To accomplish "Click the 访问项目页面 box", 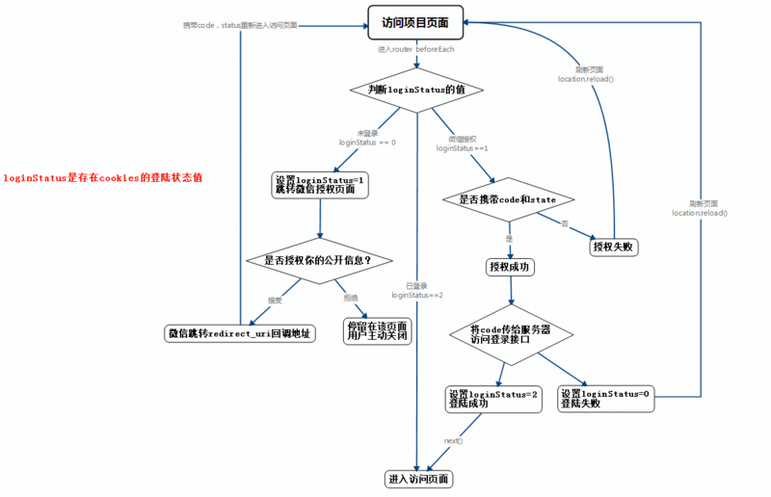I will (415, 20).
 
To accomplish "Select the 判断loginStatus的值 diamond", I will (416, 90).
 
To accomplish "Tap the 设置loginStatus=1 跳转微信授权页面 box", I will (320, 183).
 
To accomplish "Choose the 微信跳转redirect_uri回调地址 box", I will (240, 333).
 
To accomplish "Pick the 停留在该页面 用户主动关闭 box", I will (377, 331).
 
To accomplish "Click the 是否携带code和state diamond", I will (508, 199).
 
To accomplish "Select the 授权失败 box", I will (615, 248).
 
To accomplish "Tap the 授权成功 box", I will (509, 266).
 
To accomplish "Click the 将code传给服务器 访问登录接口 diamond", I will (510, 333).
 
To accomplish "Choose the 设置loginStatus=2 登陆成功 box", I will (494, 399).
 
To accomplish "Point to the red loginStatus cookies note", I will (102, 178).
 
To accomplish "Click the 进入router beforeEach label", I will (415, 48).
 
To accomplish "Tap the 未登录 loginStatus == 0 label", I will (367, 137).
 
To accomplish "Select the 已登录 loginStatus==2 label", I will (417, 290).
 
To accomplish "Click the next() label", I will (453, 440).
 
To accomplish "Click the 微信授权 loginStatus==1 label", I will (463, 144).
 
